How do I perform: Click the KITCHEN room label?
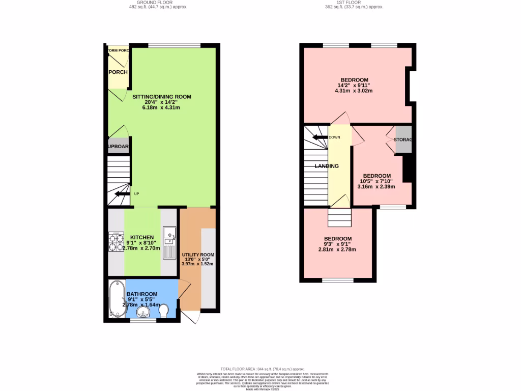pyautogui.click(x=141, y=237)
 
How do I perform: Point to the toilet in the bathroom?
pyautogui.click(x=164, y=310)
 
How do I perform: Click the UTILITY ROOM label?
pyautogui.click(x=198, y=255)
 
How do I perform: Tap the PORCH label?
pyautogui.click(x=118, y=72)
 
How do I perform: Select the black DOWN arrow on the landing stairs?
pyautogui.click(x=320, y=137)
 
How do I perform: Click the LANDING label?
pyautogui.click(x=327, y=166)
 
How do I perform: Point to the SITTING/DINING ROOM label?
pyautogui.click(x=162, y=97)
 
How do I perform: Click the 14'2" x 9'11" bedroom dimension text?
pyautogui.click(x=354, y=86)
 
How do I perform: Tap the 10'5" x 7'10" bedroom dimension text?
pyautogui.click(x=377, y=181)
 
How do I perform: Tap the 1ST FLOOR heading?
pyautogui.click(x=355, y=3)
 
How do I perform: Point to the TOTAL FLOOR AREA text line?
pyautogui.click(x=262, y=369)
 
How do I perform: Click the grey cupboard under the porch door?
pyautogui.click(x=118, y=147)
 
